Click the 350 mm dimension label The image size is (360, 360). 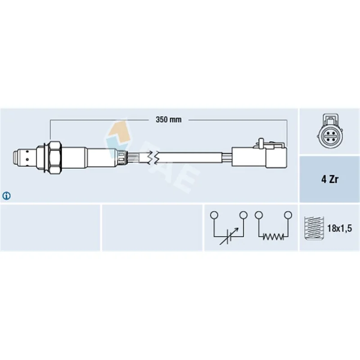click(x=168, y=120)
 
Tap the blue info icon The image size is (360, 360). click(x=6, y=196)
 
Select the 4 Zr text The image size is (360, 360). click(x=330, y=179)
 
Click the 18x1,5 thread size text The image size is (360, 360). click(x=339, y=228)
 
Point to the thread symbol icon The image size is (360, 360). click(x=314, y=228)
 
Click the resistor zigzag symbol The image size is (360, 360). click(x=273, y=237)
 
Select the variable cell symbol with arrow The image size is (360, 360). click(x=229, y=236)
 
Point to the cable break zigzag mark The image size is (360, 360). click(x=153, y=157)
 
